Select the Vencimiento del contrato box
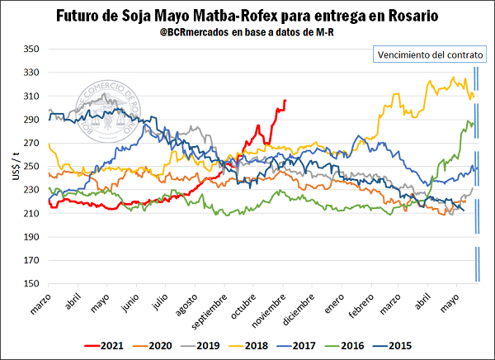pos(431,55)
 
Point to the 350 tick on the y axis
pos(31,50)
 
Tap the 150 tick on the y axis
pos(31,284)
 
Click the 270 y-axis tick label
pos(31,143)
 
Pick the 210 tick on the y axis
pos(31,214)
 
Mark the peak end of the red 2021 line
pos(285,101)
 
